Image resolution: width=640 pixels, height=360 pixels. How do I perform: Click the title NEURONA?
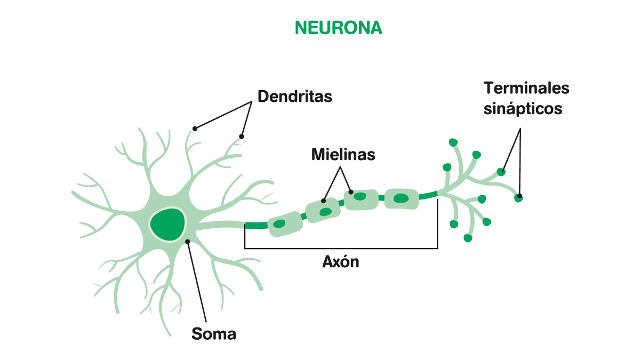pos(338,28)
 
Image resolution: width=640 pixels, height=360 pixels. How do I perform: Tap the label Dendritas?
pos(294,97)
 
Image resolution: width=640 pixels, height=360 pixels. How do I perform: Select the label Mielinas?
pos(343,155)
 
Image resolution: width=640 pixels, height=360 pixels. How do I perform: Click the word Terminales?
pos(526,87)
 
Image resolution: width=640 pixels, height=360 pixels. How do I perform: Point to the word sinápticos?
pos(523,108)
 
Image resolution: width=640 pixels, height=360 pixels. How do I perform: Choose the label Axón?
pos(341,262)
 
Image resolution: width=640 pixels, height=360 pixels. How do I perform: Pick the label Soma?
pos(213,334)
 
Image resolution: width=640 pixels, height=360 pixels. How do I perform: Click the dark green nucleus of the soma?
pos(167,224)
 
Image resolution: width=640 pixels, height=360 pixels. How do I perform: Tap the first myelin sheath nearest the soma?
pos(285,223)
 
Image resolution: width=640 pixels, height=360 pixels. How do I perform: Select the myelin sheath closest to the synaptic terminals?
pos(401,198)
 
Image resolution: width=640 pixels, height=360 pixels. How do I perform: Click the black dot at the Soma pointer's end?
pos(188,242)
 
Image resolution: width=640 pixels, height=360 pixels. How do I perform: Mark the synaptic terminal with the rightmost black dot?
pos(518,197)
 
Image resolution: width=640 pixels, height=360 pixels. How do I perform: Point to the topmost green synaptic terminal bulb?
pos(453,142)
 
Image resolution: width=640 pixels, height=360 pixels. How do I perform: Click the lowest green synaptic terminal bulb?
pos(468,238)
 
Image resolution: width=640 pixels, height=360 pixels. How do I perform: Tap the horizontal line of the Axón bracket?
pos(341,249)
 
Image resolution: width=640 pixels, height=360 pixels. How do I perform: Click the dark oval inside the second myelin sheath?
pos(325,212)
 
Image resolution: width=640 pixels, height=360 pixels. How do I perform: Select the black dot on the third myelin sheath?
pos(350,191)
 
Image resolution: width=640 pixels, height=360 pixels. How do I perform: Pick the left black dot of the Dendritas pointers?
pos(195,129)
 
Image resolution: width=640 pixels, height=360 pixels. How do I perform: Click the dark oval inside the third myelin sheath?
pos(361,197)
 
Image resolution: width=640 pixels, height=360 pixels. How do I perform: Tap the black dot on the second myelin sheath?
pos(324,201)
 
